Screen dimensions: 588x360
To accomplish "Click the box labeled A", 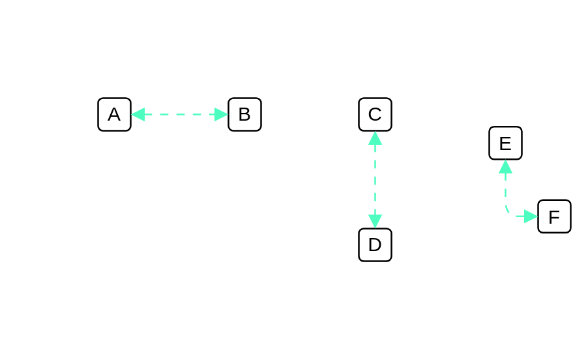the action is coord(114,114).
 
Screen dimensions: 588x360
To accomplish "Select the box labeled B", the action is coord(245,114).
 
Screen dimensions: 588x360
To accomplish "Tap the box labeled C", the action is coord(375,114).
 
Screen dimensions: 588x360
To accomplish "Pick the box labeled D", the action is coord(375,245).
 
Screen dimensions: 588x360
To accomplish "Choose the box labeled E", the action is coord(505,143).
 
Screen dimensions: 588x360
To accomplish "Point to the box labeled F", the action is coord(555,217).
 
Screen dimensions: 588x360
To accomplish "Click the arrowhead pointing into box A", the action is coord(138,114).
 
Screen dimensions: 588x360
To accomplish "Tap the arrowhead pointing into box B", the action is coord(221,114).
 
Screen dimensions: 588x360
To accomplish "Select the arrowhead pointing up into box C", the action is coord(375,138).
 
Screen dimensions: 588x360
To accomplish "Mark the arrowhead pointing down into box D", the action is coord(375,221).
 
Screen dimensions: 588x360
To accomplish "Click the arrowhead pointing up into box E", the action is coord(505,166).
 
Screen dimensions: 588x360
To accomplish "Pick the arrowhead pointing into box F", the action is coord(531,217).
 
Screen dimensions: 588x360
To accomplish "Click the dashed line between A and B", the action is coord(180,114).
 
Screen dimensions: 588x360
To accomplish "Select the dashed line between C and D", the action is coord(375,179).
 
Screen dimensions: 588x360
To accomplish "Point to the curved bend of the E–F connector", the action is coord(508,211).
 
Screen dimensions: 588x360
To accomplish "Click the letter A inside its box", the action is coord(114,114).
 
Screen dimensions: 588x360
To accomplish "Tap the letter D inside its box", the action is coord(375,245).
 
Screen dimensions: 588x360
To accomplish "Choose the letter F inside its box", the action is coord(554,217).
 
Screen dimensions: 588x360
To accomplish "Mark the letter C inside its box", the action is coord(375,114).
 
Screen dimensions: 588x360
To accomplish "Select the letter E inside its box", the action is coord(505,143).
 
